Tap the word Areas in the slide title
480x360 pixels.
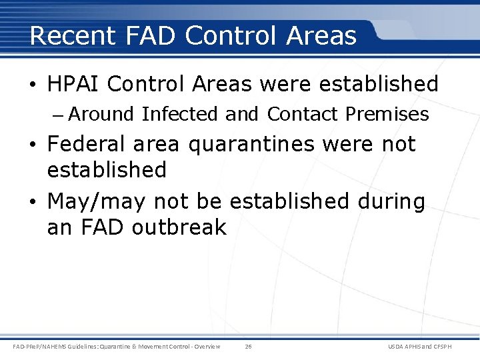321,35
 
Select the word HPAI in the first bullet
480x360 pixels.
73,84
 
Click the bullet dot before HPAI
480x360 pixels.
33,85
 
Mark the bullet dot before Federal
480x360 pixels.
33,145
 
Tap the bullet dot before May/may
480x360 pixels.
33,202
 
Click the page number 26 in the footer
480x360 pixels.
248,347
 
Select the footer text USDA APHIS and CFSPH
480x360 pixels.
429,347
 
